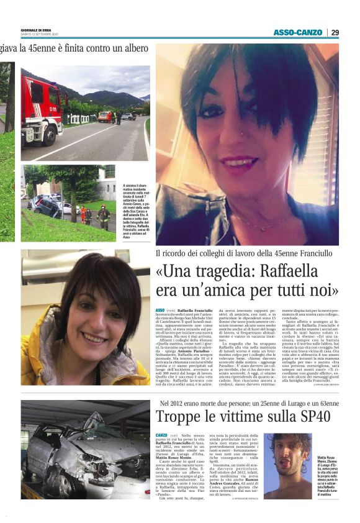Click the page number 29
(335, 32)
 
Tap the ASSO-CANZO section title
(297, 32)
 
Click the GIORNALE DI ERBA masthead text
(37, 29)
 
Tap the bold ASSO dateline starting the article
(160, 309)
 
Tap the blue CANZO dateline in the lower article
(161, 435)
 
